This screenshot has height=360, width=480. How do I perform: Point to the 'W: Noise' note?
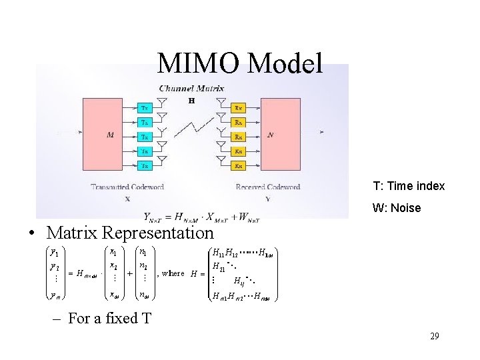tap(397, 208)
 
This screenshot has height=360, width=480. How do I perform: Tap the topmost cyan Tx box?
tap(145, 107)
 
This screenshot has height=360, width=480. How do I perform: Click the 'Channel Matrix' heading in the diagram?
tap(191, 87)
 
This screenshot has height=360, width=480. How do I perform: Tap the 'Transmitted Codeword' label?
tap(127, 187)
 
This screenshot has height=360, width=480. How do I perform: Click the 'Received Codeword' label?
tap(267, 187)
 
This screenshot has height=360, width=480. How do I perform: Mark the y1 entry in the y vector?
tap(55, 253)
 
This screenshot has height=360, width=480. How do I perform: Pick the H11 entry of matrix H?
tap(217, 253)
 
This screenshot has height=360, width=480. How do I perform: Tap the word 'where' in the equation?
tap(173, 273)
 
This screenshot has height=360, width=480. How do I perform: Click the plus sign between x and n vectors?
tap(129, 273)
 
